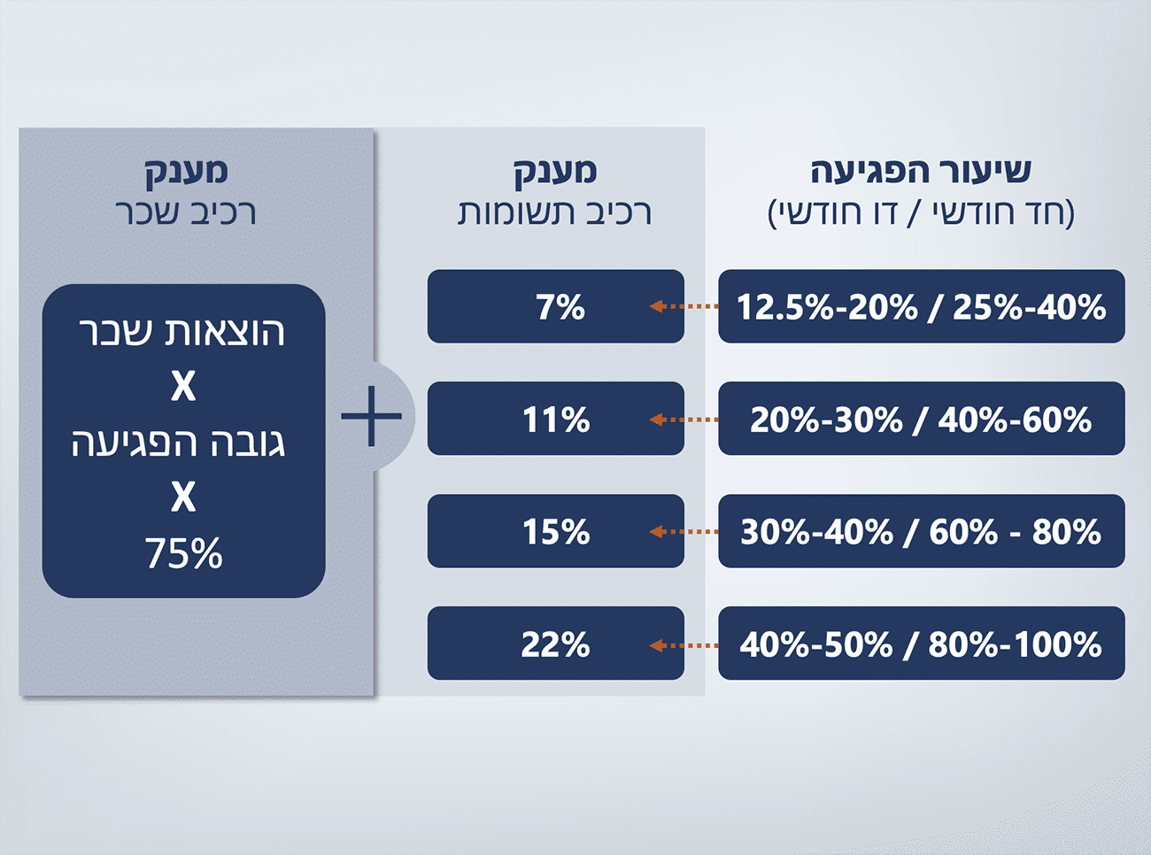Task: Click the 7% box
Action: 556,306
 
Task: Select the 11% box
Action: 556,419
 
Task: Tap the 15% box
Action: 556,531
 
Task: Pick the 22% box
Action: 556,643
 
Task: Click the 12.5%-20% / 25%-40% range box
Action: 921,306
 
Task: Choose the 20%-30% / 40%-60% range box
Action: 921,419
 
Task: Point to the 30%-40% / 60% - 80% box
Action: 921,531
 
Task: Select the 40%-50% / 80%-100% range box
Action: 921,643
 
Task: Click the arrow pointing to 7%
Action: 684,306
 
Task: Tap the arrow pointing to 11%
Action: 684,419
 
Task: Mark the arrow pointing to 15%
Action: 684,531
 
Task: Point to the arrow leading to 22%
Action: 684,644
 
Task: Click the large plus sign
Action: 371,415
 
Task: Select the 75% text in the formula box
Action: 183,554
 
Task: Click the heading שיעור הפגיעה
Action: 921,170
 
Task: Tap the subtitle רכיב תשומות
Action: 555,213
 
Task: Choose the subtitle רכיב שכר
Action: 185,213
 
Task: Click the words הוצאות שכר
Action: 182,332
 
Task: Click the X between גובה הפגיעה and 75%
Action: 183,497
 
